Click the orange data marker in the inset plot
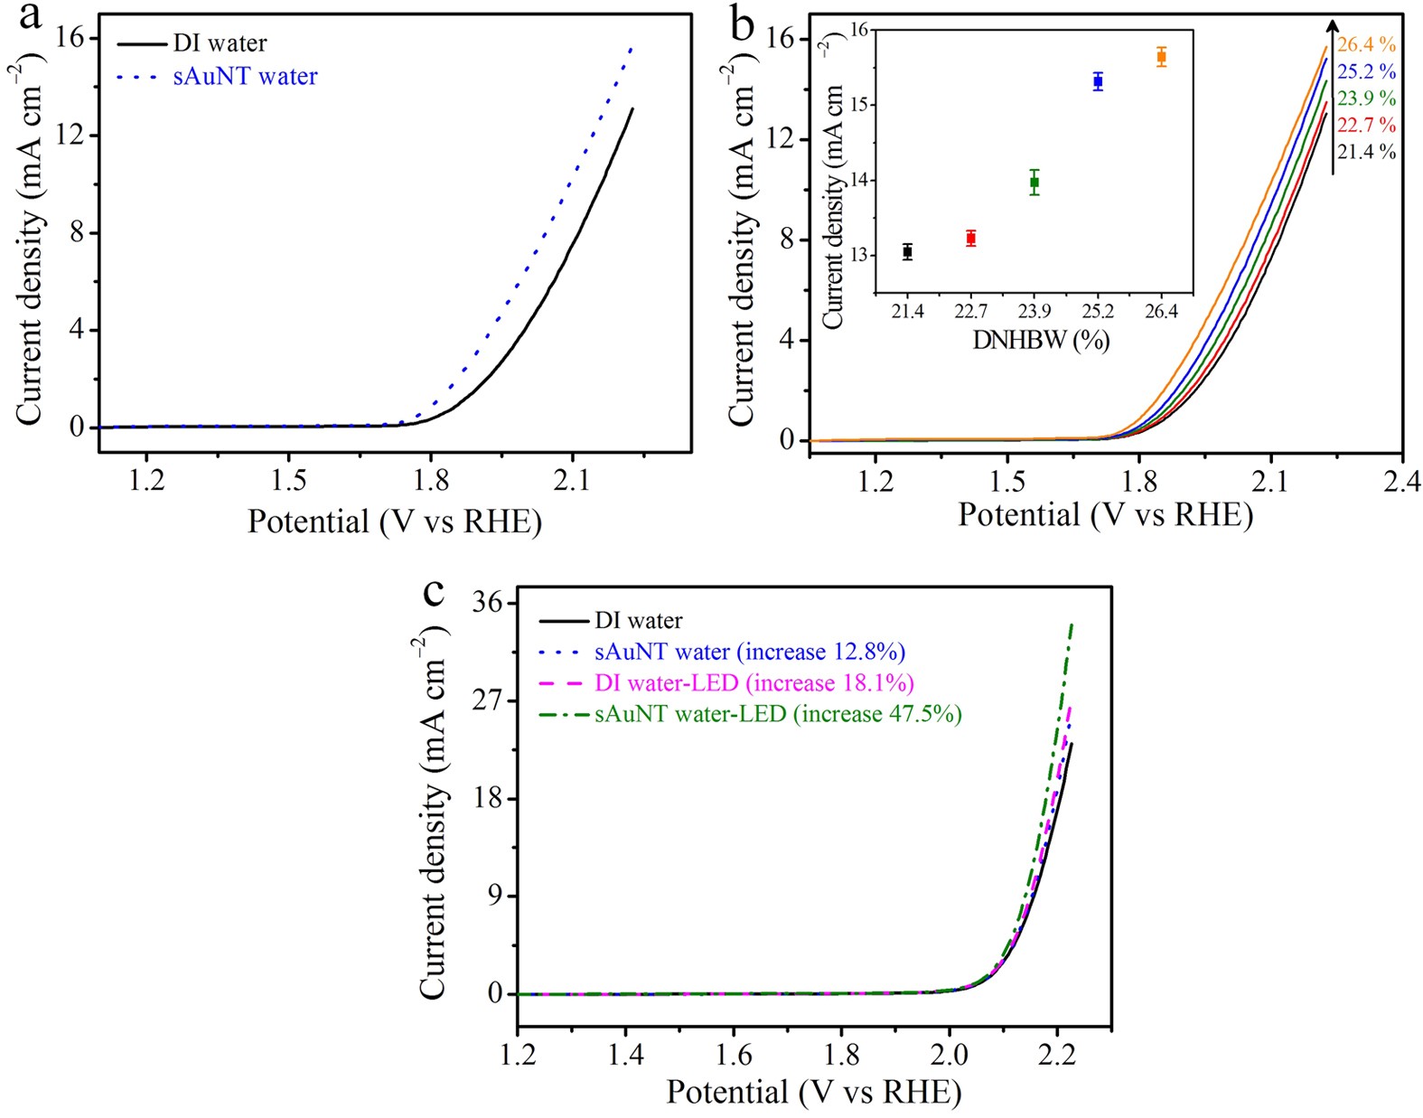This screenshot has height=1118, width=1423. pos(1161,57)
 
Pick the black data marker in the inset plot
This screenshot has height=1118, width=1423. pos(907,251)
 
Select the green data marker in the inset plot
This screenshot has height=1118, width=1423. pos(1034,182)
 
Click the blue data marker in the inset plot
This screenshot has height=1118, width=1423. pos(1098,81)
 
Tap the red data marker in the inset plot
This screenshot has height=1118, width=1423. pos(970,238)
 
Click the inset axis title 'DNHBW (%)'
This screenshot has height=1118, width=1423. pos(1040,341)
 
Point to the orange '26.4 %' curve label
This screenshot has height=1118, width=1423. pos(1366,44)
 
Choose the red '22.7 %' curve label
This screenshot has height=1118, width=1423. pos(1366,125)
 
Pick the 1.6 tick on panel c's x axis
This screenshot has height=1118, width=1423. pos(733,1054)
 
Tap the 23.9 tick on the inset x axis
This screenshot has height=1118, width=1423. pos(1034,312)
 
